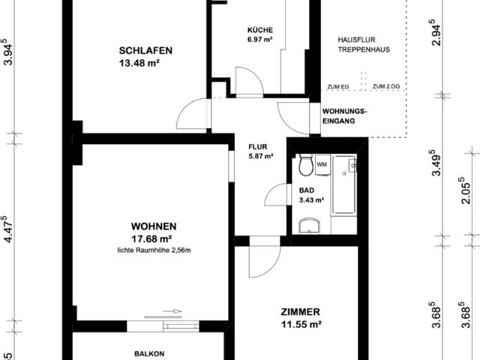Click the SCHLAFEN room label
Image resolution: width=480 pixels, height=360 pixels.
coord(146,51)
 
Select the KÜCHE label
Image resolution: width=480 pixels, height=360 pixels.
coord(260,30)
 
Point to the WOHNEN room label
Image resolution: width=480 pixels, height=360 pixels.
coord(154,226)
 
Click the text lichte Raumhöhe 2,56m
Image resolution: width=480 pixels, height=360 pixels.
coord(154,250)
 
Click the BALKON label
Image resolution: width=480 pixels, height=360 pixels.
coord(149,353)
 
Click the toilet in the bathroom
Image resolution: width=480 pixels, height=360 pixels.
coord(304,165)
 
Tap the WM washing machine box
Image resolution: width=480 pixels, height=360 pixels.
coord(322,163)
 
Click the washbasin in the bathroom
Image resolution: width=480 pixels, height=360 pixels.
coord(307,226)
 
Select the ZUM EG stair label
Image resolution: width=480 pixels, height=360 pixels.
coord(338,87)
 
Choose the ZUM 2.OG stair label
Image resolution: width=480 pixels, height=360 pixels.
coord(385,87)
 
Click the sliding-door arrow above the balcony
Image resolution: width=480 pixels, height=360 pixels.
coord(171,312)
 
